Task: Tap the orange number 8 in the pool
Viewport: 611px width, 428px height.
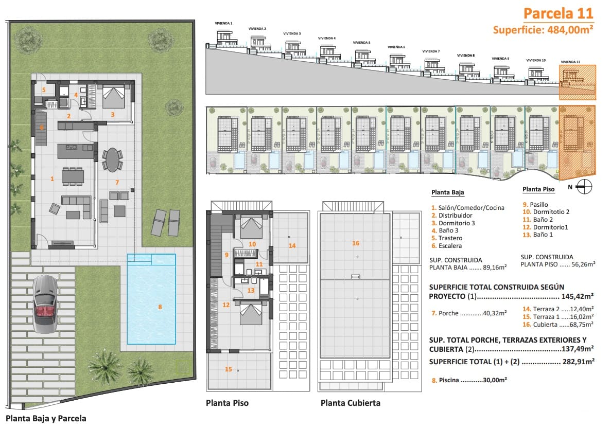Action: [x=160, y=307]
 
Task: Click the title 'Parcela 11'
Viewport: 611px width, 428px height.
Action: [x=558, y=13]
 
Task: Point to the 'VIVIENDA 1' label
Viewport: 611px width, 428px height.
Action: [x=224, y=23]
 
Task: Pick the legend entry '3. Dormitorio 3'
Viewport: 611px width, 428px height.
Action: [x=453, y=223]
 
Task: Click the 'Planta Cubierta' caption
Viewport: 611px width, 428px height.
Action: [x=351, y=403]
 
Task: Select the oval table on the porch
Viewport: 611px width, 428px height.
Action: [x=112, y=159]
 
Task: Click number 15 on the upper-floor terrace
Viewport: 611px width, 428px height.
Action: [x=229, y=369]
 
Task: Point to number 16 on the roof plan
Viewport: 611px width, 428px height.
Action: [x=356, y=243]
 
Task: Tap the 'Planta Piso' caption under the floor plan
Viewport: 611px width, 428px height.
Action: [x=227, y=403]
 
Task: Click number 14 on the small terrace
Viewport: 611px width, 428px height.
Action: [x=292, y=245]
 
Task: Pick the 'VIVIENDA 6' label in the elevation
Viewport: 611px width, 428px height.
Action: [x=396, y=47]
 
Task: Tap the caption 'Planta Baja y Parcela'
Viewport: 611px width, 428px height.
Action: [x=46, y=418]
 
